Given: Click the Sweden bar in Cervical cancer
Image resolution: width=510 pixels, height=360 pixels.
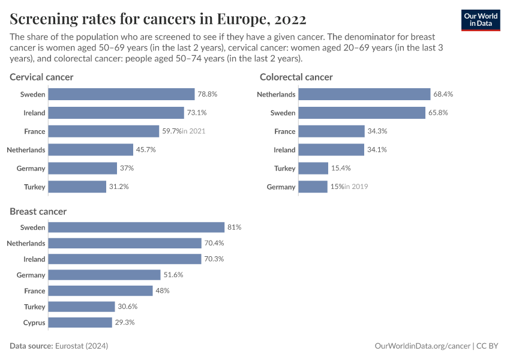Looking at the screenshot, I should coord(121,94).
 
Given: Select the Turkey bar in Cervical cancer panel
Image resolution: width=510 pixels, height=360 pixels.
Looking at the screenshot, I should coord(77,187).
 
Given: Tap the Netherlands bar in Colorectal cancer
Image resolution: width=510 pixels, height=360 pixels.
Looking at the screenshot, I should coord(364,94).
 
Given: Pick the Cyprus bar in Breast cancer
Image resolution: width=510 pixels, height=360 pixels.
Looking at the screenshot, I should coord(80,322).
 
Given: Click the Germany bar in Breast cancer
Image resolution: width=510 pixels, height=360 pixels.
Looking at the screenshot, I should coord(104,275).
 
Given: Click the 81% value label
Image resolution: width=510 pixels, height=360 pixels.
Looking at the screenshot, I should coord(234,227).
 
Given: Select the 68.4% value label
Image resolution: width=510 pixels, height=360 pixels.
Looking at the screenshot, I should coord(443,94).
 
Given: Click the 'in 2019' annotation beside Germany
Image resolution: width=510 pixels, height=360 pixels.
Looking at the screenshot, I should coord(356,187).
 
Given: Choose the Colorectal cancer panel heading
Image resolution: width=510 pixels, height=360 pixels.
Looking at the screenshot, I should coord(296,77).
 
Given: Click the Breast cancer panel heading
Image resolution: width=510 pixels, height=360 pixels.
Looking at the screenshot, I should coord(38,211).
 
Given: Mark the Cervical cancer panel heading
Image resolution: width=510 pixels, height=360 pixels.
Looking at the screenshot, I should coord(41,77).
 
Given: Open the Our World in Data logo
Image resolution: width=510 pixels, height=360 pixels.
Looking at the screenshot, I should coord(481,19).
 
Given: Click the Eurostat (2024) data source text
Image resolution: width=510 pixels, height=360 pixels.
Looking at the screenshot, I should coord(82,346).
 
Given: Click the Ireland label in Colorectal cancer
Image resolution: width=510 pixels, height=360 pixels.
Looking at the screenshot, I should coord(284,150).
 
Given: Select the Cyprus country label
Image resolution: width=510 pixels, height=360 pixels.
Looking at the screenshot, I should coord(34,322).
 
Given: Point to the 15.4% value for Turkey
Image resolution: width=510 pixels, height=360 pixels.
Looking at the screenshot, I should coord(341,169).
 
